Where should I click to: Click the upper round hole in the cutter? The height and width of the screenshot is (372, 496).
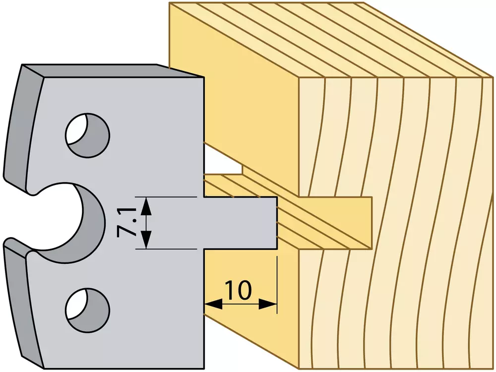coord(88,135)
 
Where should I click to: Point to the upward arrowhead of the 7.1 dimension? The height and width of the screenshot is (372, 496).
coord(145,206)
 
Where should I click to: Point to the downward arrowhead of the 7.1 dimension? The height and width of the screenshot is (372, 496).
coord(145,240)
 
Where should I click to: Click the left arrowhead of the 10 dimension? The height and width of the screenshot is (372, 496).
coord(213,305)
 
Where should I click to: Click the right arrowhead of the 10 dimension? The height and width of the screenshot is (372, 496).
coord(268,305)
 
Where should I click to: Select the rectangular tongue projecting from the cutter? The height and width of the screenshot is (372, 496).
coord(241,223)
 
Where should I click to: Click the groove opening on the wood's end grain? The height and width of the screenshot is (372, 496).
coord(335,223)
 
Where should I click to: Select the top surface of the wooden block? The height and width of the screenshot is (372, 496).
coord(329,40)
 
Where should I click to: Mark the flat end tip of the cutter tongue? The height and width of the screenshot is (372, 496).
coord(277,223)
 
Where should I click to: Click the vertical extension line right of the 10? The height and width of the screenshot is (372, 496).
coord(277,285)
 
